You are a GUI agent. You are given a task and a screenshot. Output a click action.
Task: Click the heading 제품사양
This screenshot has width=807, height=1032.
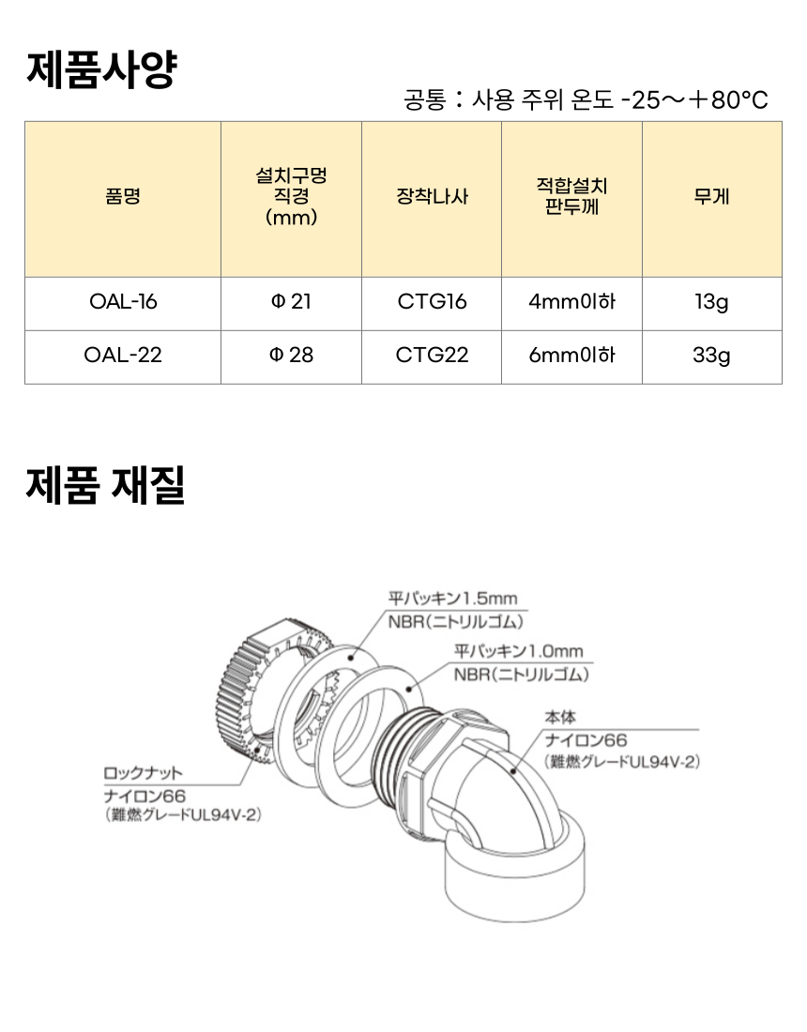pos(102,69)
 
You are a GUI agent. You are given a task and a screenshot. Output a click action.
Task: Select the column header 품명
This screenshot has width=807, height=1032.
pos(123,196)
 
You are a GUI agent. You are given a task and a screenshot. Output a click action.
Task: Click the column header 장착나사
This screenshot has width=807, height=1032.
pos(432,196)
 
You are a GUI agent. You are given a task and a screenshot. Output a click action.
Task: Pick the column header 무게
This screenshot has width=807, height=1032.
pos(711,196)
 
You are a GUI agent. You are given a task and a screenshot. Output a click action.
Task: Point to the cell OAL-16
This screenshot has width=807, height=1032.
pos(123,302)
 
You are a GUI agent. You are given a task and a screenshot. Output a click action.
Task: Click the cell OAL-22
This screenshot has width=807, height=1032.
pos(123,356)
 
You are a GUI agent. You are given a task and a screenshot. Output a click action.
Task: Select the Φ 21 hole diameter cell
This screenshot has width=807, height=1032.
pos(291,302)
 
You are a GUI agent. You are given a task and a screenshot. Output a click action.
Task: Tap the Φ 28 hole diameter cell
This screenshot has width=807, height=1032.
pos(291,356)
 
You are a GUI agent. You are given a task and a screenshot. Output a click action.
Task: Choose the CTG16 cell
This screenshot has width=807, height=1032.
pos(432,302)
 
